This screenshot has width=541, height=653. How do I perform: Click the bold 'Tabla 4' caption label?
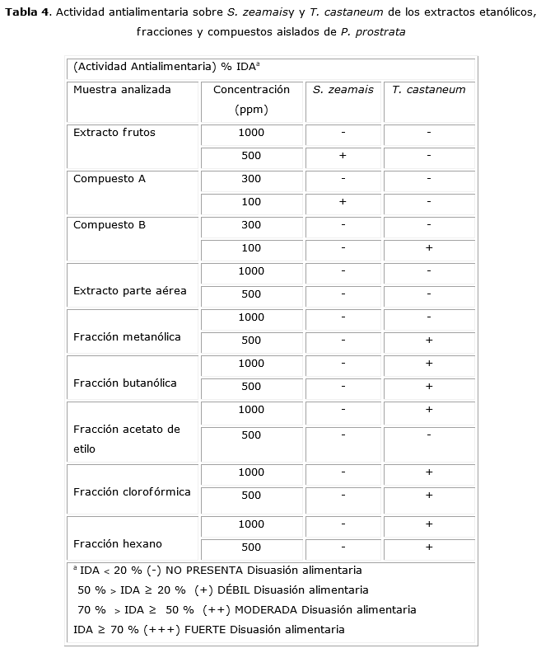26,12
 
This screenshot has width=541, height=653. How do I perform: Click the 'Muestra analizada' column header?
122,90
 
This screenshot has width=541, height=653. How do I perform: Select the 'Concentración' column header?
251,90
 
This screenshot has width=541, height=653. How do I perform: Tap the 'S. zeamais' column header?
343,90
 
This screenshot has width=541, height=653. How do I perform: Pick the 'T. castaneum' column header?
428,90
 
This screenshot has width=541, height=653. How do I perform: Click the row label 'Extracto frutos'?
114,133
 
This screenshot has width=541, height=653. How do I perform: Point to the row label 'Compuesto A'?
110,179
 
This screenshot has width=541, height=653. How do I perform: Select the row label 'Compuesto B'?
110,225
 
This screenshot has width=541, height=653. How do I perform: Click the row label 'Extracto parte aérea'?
130,291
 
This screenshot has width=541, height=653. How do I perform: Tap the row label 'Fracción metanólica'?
127,337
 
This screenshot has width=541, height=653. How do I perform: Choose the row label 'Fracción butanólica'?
125,383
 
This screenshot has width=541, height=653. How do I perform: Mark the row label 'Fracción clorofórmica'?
132,492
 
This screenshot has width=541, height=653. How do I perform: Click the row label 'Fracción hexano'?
118,544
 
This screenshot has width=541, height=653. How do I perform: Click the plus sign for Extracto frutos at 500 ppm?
343,156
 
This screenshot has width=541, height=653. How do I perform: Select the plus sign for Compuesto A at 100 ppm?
343,202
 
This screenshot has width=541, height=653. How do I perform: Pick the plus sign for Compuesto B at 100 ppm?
429,248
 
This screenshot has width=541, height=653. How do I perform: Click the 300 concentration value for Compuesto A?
251,179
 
